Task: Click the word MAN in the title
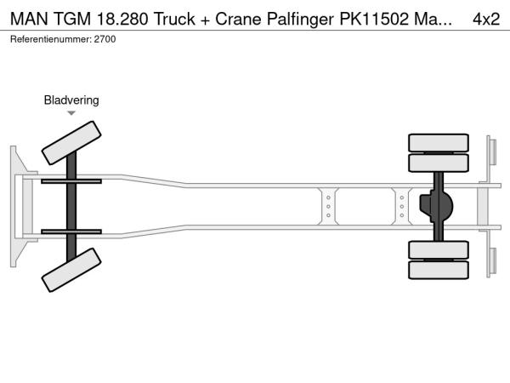29,19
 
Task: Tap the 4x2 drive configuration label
486,19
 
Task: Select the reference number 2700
105,39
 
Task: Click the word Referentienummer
51,39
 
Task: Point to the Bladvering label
71,100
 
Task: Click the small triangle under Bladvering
71,113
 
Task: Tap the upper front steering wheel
71,143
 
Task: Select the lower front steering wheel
71,270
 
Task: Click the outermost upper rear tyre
439,143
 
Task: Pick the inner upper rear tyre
439,163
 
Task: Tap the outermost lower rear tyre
439,270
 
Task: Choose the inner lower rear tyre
439,249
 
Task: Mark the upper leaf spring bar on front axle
71,181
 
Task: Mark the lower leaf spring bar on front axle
71,232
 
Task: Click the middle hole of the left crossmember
328,207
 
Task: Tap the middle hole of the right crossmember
402,207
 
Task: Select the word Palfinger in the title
300,20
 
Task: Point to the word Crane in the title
238,19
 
